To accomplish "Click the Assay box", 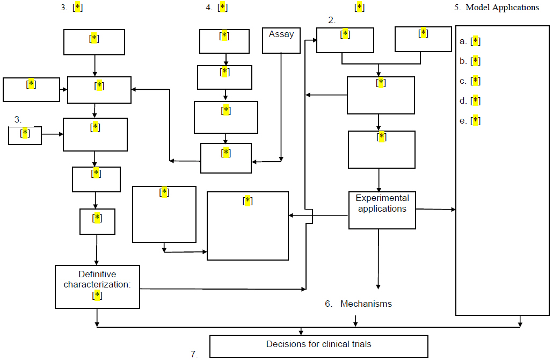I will coord(281,40).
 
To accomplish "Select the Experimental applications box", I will coord(382,210).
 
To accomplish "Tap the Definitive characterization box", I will coord(97,286).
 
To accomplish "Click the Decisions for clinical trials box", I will coord(318,346).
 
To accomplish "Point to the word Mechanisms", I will coord(366,304).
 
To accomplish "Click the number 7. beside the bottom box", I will coord(194,354).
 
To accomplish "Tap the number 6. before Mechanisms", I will coord(329,304).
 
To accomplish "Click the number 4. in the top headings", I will coord(208,8).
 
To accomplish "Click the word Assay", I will coord(281,34).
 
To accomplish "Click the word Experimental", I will coord(382,198).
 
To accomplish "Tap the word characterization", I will coord(97,284).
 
